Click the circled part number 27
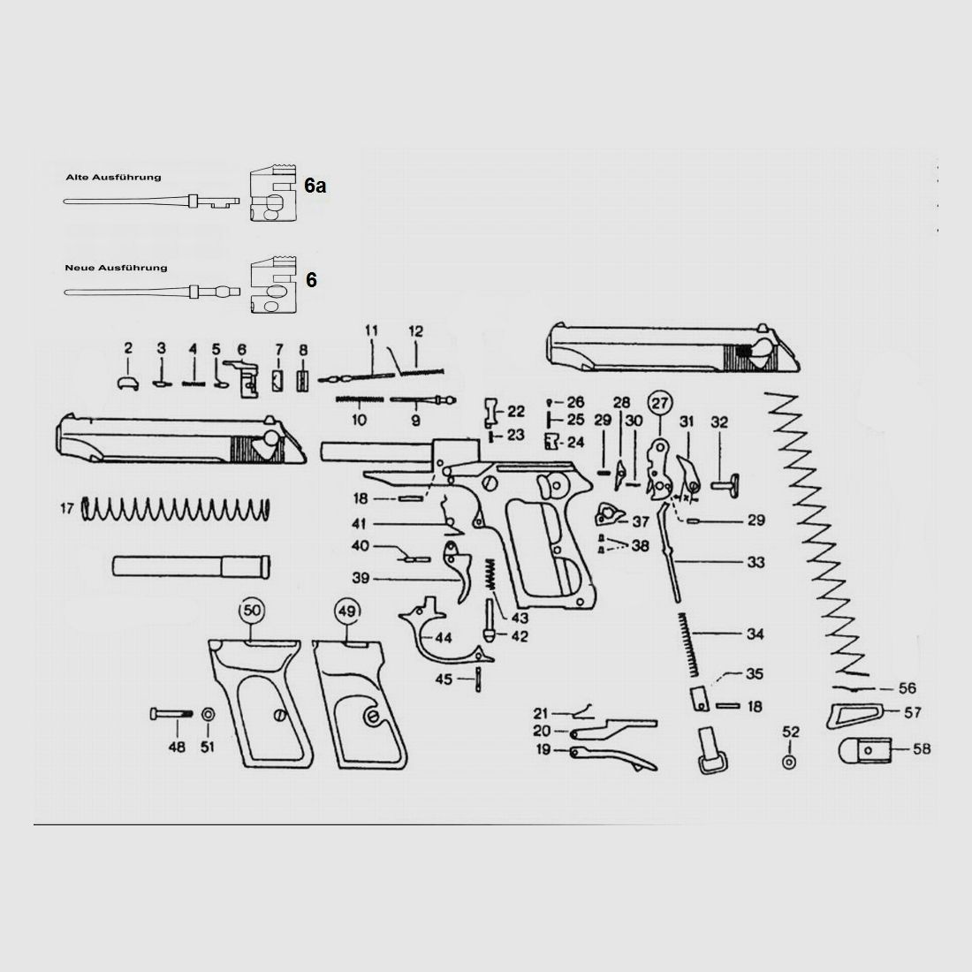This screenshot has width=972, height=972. [659, 404]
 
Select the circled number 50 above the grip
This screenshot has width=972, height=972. [252, 611]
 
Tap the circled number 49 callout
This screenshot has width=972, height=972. [347, 611]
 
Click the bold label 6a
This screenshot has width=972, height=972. [315, 186]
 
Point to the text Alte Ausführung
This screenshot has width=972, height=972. [113, 178]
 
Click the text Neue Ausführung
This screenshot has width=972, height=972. [116, 268]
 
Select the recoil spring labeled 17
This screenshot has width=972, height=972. [176, 510]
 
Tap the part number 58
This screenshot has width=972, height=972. [922, 748]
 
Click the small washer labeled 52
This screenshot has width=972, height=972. [789, 762]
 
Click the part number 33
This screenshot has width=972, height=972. [756, 562]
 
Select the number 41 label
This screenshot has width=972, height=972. [360, 524]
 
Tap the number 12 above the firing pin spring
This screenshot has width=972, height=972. [415, 331]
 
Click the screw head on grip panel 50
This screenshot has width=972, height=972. [280, 715]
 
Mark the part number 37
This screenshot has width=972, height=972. [641, 522]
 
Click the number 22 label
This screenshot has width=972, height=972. [516, 412]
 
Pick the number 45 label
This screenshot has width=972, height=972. [444, 680]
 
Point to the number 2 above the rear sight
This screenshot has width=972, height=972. [128, 348]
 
